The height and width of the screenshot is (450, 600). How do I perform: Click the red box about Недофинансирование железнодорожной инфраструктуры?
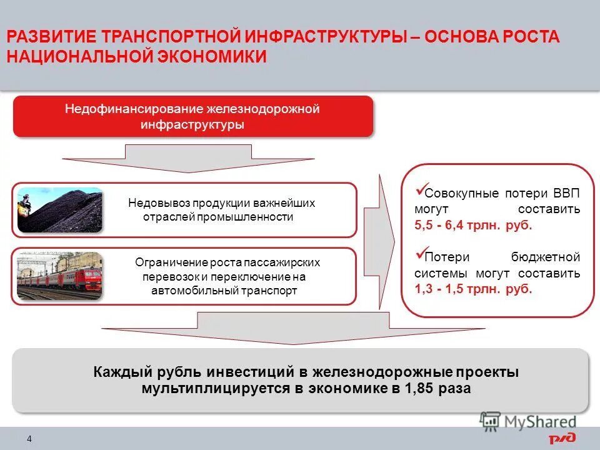192,117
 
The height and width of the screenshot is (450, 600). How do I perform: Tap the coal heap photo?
59,210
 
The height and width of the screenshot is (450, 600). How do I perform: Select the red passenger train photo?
59,275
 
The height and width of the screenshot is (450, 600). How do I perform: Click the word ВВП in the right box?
566,192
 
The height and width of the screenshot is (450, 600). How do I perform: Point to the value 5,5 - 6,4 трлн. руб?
473,226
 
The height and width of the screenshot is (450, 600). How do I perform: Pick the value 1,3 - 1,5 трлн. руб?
473,290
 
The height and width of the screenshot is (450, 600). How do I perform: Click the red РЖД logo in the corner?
562,438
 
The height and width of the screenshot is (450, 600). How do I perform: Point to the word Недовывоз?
159,204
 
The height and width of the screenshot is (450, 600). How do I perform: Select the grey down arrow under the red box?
189,158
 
